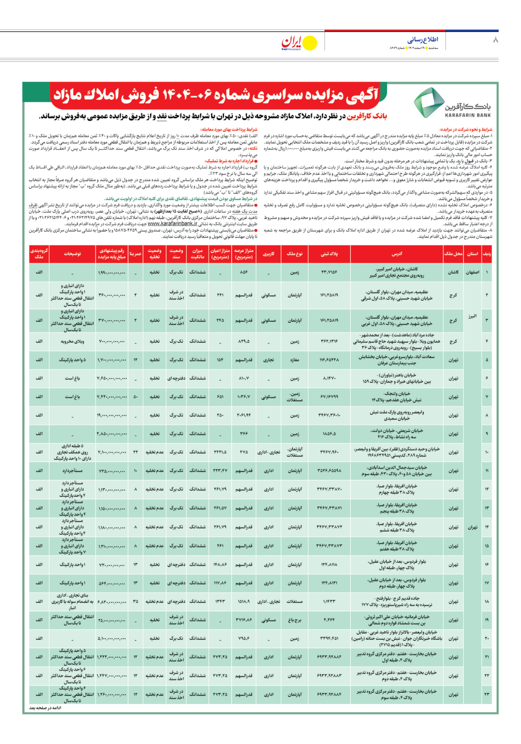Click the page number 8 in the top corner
pos(495,40)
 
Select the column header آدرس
pos(397,254)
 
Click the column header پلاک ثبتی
pos(329,254)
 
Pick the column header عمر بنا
pos(135,254)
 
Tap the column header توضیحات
pos(73,254)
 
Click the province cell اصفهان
pos(472,272)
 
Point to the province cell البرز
pos(472,316)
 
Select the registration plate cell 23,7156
pos(329,272)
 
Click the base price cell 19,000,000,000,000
pos(112,415)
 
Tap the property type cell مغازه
pos(294,360)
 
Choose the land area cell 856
pos(244,272)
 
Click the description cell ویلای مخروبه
pos(73,341)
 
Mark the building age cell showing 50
pos(135,397)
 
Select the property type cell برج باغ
pos(294,620)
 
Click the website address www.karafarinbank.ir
pos(172,223)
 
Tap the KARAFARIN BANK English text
pos(468,115)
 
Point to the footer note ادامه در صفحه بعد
pos(45,708)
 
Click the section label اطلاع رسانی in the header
pos(423,40)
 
